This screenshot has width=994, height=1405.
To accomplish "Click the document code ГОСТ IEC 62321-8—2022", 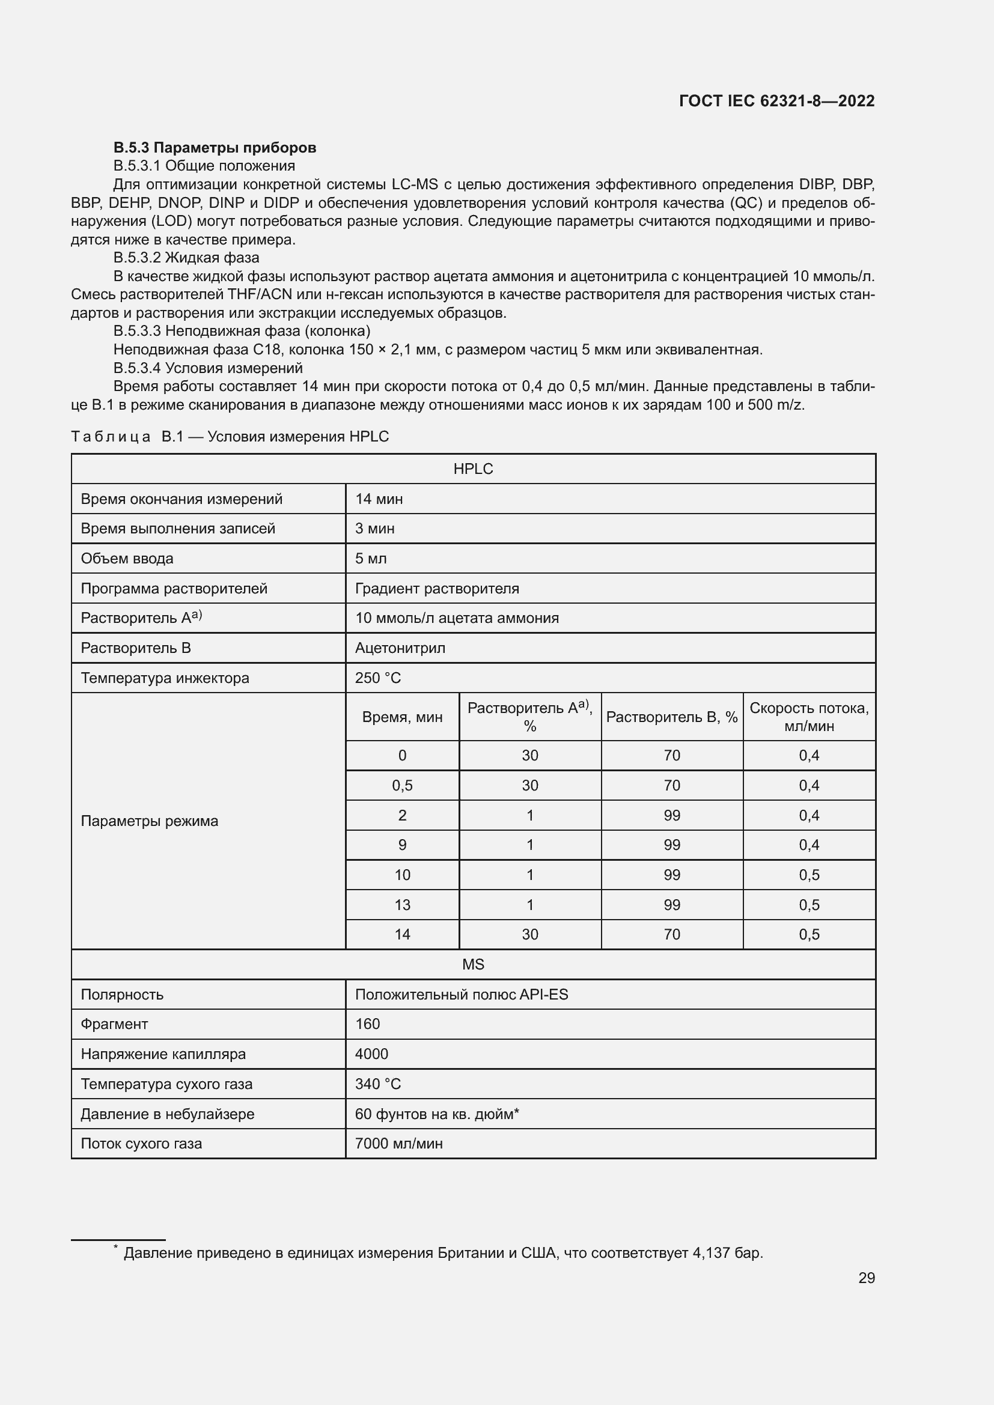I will point(776,101).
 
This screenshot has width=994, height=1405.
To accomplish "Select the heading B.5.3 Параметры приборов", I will point(214,148).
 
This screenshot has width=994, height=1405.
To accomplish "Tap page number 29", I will point(866,1278).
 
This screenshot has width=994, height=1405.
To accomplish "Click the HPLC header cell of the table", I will point(473,469).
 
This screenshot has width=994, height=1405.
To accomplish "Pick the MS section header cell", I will point(473,965).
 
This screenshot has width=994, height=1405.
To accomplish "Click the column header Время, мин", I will point(402,717).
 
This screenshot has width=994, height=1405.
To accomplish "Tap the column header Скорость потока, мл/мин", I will point(808,717).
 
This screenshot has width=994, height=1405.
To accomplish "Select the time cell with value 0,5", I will point(402,785).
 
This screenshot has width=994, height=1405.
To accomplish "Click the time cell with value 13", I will point(402,905).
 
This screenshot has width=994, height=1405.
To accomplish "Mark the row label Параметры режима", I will point(150,821).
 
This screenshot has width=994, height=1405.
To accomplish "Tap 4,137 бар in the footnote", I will point(727,1252).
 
